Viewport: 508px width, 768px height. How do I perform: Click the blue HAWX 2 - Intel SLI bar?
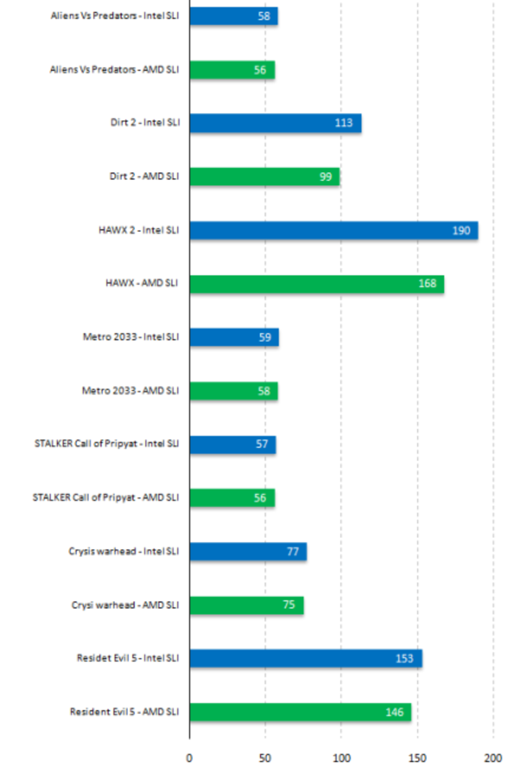(x=333, y=231)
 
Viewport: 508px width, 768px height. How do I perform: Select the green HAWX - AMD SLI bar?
(x=316, y=284)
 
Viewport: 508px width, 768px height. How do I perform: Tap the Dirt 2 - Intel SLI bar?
(x=275, y=123)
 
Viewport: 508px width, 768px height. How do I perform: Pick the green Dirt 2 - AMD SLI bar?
(x=264, y=177)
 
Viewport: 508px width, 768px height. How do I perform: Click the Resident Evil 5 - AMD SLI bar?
(x=300, y=712)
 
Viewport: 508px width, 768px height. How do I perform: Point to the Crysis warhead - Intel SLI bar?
(x=248, y=551)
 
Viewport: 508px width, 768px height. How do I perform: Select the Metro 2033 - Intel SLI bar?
(x=234, y=337)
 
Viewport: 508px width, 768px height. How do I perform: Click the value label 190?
(x=461, y=231)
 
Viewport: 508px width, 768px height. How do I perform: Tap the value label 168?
(x=427, y=284)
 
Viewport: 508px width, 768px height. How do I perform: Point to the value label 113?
(x=343, y=123)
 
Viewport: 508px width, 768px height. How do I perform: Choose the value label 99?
(x=325, y=177)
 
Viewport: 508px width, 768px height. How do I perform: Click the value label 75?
(x=289, y=605)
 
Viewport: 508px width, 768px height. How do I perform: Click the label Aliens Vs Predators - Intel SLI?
(x=115, y=16)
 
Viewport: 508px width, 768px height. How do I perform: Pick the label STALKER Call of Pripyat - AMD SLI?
(x=106, y=498)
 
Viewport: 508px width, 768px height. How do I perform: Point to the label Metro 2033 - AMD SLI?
(x=130, y=391)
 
